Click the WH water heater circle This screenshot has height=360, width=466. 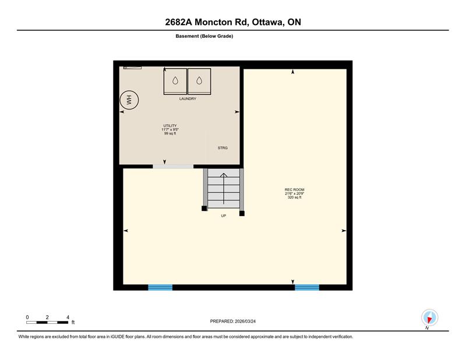129,100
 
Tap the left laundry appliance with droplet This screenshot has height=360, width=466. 175,82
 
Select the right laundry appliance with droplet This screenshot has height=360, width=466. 199,82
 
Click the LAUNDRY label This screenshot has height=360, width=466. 188,98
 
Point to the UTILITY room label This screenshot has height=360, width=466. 170,126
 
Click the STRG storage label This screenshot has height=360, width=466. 223,148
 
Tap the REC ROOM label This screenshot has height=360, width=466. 295,190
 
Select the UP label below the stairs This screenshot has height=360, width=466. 224,216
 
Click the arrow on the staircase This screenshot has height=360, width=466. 224,189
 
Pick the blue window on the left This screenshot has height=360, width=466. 160,287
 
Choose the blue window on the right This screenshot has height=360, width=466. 307,287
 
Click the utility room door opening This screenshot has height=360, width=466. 173,167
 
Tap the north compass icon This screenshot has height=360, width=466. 429,317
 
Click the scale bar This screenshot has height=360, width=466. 47,322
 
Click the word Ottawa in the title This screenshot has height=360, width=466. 267,22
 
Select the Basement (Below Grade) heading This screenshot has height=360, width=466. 204,36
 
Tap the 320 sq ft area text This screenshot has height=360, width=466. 295,197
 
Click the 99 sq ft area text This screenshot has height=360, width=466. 170,133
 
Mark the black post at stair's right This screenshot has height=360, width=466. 242,213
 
